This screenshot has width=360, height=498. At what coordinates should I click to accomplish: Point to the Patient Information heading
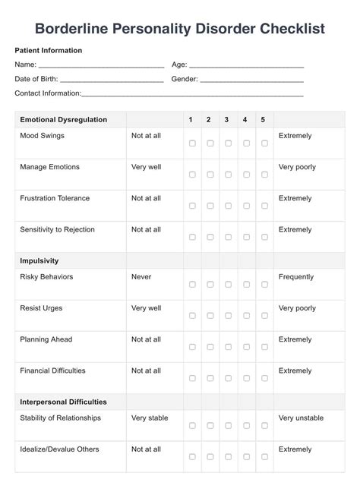(49, 50)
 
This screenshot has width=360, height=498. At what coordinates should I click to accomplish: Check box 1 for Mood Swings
(192, 143)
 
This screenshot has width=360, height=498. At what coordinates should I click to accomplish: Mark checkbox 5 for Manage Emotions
(264, 175)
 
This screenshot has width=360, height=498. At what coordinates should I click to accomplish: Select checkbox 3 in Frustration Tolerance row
(228, 206)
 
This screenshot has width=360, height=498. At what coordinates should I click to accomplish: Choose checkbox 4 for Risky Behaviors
(246, 284)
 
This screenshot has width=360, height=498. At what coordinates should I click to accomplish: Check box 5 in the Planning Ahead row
(264, 347)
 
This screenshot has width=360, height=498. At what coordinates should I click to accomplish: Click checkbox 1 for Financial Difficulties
(192, 378)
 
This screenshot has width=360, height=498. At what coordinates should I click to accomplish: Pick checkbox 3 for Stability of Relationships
(228, 425)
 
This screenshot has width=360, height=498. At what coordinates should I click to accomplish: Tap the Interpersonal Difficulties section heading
(63, 402)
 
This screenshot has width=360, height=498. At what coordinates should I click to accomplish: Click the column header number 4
(245, 120)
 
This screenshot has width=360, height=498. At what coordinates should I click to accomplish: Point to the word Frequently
(298, 277)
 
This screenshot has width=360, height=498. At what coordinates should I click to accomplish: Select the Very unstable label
(301, 418)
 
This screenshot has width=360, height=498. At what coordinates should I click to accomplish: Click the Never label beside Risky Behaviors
(141, 277)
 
